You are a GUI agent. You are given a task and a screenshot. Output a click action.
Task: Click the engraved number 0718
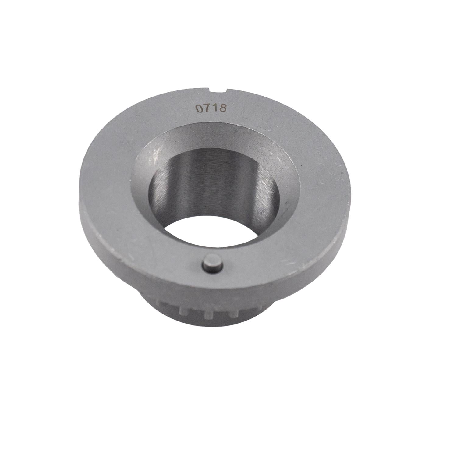211,108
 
